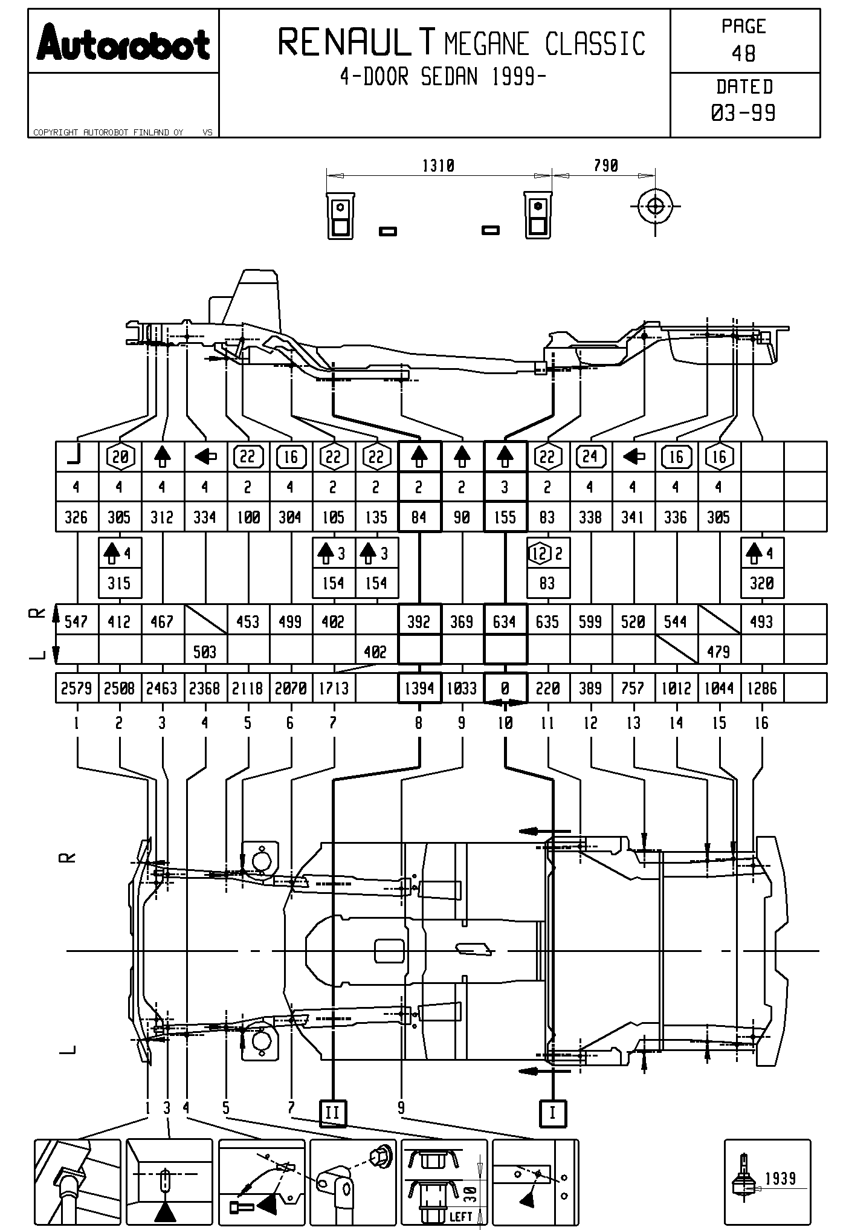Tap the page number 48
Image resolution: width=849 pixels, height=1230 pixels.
click(743, 54)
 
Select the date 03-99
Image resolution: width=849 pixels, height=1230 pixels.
click(743, 113)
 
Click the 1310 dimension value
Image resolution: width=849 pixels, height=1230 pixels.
click(438, 166)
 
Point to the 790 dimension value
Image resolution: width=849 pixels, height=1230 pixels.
click(605, 166)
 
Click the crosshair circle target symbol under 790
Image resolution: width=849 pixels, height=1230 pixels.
click(655, 207)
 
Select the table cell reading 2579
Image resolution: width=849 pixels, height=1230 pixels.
click(76, 688)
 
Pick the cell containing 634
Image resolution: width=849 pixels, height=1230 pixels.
click(505, 621)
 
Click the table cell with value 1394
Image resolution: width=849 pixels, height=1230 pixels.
click(419, 688)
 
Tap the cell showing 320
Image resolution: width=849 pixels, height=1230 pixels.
click(761, 583)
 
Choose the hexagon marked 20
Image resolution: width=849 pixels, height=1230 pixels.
click(120, 457)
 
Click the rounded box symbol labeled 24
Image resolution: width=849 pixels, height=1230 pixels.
click(590, 456)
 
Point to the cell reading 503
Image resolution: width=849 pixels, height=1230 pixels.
click(205, 652)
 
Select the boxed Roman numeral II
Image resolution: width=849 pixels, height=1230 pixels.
click(333, 1113)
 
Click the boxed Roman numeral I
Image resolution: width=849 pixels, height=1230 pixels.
click(552, 1113)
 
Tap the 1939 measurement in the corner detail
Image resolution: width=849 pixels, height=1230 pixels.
click(780, 1178)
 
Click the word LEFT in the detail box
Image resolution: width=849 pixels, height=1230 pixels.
click(460, 1215)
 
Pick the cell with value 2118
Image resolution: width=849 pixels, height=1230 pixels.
click(248, 688)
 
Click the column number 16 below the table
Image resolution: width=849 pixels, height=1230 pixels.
click(761, 723)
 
